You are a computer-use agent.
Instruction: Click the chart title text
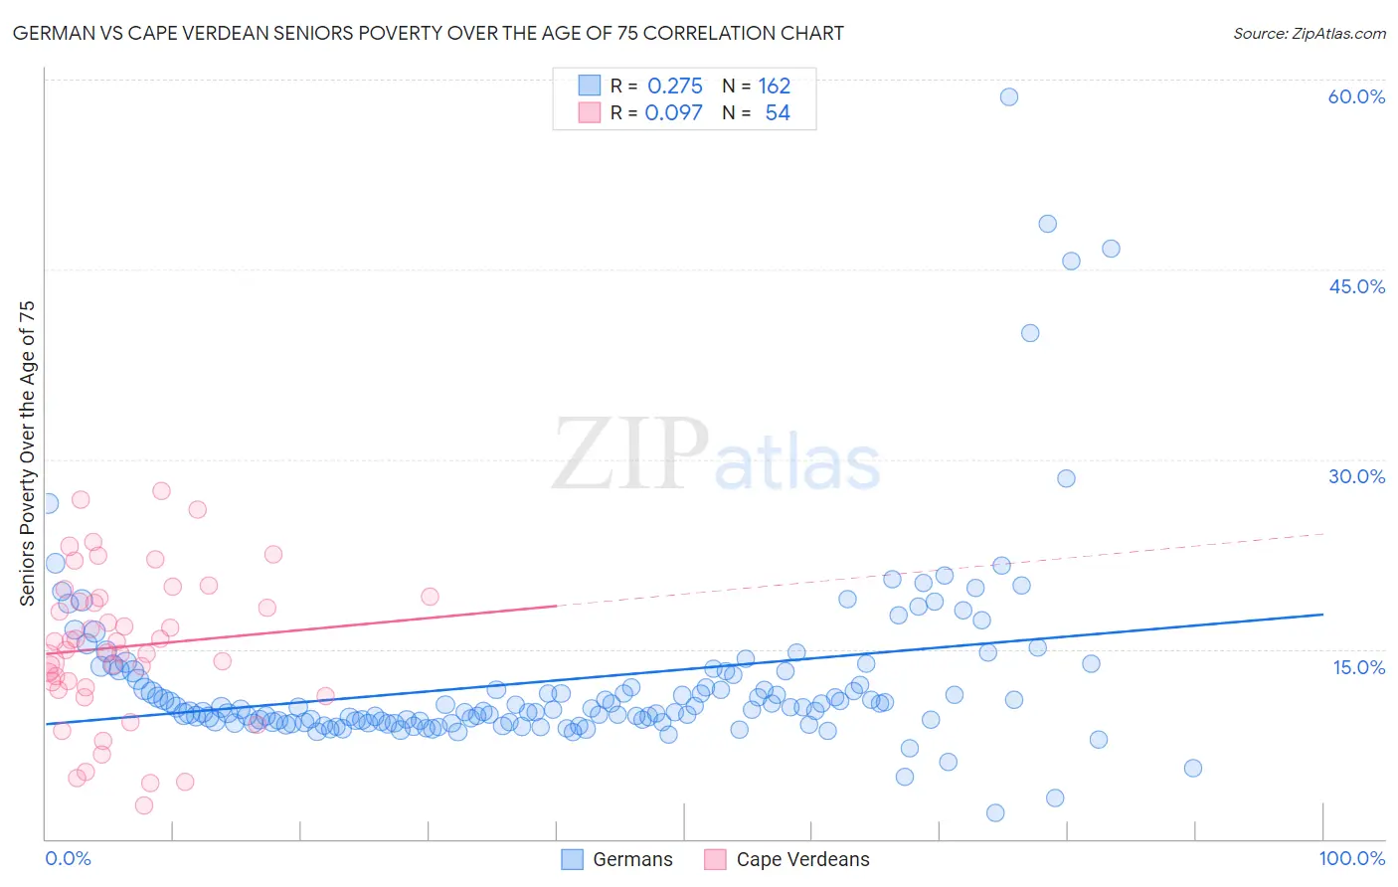(428, 33)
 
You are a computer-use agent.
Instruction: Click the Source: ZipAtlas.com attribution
(1309, 33)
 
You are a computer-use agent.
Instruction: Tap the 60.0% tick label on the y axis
(1356, 96)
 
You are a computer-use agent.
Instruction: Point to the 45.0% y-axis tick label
(1356, 286)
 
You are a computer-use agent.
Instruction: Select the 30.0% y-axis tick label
(1356, 476)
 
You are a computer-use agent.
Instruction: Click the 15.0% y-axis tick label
(1358, 667)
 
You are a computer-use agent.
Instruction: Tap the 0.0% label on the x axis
(68, 858)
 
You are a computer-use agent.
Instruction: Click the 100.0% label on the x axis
(1352, 858)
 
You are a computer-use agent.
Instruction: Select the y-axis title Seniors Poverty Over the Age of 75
(27, 453)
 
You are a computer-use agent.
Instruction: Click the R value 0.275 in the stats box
(674, 87)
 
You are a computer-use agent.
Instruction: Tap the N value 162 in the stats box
(774, 87)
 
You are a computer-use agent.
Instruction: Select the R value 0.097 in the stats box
(673, 113)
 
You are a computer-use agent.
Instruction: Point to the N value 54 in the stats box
(777, 113)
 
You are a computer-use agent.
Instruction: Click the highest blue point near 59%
(1008, 96)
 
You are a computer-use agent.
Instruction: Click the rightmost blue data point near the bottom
(1193, 768)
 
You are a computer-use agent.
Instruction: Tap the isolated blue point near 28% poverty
(1066, 478)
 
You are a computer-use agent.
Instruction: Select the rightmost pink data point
(430, 597)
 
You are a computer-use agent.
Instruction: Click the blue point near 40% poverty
(1030, 333)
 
